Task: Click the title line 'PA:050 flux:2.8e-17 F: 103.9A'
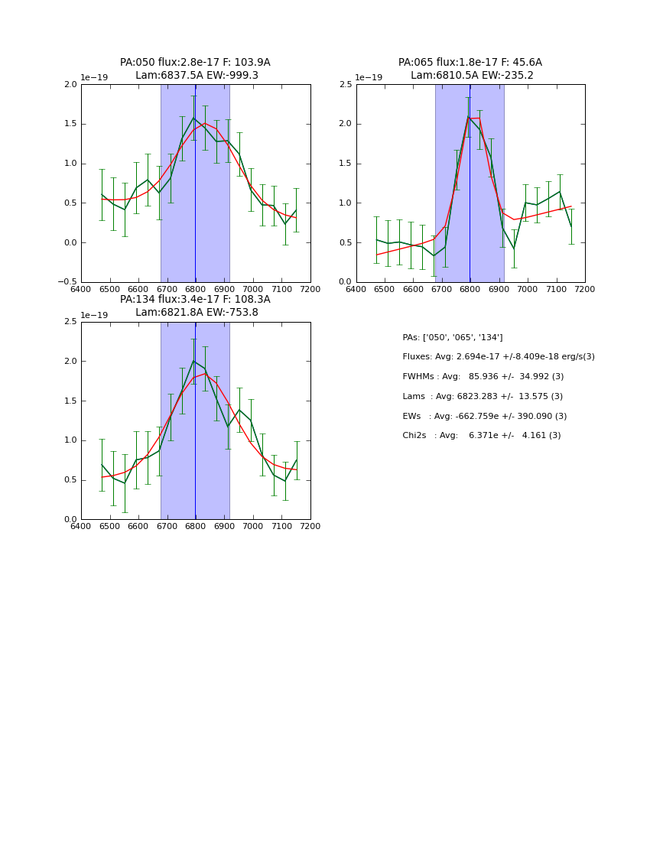point(195,63)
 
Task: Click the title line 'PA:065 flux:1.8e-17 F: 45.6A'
point(470,63)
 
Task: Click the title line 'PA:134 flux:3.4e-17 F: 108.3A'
point(195,300)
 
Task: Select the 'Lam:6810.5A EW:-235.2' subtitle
point(472,76)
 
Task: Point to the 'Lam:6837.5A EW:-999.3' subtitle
point(197,76)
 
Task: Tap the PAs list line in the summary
point(453,337)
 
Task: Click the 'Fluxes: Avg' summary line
point(498,357)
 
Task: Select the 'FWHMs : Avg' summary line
point(483,377)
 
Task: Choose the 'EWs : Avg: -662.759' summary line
point(484,416)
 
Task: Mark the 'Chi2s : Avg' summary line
point(481,436)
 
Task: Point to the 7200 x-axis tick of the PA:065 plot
point(584,290)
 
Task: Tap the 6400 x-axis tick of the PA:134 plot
point(81,527)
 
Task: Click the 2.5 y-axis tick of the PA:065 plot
point(346,84)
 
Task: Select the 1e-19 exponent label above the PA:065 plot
point(369,77)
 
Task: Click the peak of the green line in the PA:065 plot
point(468,116)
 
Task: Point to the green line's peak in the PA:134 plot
point(193,361)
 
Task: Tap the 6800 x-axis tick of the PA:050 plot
point(196,290)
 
